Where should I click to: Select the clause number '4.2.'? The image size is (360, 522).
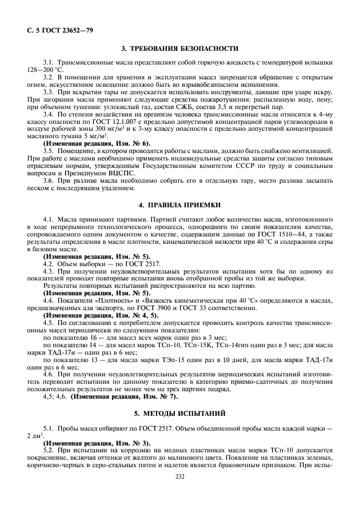[49, 264]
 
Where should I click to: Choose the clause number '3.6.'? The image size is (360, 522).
[49, 180]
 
